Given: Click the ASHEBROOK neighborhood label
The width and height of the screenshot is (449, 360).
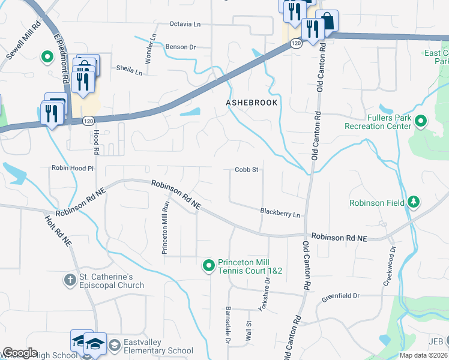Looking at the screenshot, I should click(252, 103).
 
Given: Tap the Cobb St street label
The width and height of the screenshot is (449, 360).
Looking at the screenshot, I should click(246, 170).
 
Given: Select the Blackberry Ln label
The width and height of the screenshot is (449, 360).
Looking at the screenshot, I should click(279, 212).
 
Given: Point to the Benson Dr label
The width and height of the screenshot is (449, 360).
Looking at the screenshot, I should click(181, 47).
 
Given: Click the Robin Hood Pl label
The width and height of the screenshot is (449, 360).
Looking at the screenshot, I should click(73, 169).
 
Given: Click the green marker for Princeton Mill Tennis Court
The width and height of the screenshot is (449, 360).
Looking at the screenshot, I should click(208, 265).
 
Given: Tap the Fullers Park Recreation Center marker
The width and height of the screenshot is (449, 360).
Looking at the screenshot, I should click(420, 122).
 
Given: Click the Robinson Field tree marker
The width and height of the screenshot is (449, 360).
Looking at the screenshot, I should click(413, 202).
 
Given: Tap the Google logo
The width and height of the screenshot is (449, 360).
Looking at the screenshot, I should click(20, 353).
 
